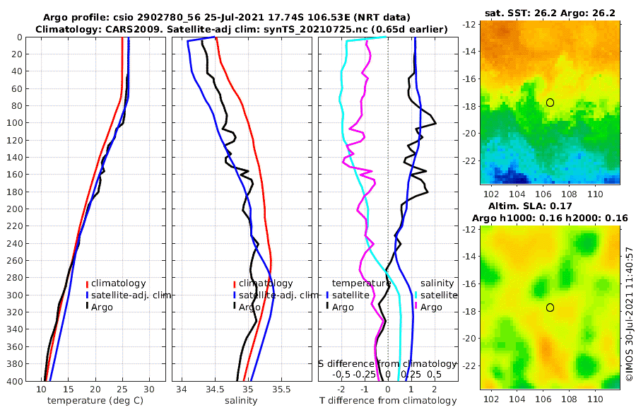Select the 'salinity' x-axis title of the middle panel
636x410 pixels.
click(241, 401)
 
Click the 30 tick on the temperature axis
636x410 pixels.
click(148, 389)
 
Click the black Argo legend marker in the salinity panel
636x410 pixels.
click(234, 306)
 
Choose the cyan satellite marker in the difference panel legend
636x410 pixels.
click(416, 295)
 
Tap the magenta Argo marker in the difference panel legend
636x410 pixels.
click(416, 306)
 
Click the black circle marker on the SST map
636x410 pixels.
click(550, 102)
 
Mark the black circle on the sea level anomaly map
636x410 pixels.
click(550, 307)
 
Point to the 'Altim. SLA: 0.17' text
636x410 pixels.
click(550, 206)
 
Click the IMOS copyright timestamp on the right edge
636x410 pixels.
click(629, 315)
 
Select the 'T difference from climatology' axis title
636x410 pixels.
click(388, 401)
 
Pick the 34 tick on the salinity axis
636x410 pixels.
click(182, 389)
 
